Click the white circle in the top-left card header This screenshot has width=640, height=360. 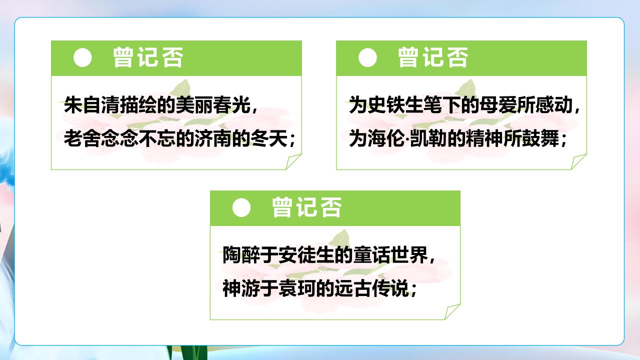pos(82,57)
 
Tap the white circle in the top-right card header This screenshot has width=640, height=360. pos(367,57)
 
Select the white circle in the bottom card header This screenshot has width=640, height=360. pos(241,207)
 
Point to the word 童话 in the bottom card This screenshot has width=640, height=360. pos(371,254)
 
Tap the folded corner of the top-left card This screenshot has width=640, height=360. pos(293,161)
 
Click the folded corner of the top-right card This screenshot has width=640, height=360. pos(579,161)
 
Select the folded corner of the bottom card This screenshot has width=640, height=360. pos(452,311)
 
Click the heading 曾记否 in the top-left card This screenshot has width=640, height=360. pos(148,57)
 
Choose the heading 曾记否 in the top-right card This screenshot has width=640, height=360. pos(433,57)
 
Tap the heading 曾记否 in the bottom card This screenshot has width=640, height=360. pos(306,207)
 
